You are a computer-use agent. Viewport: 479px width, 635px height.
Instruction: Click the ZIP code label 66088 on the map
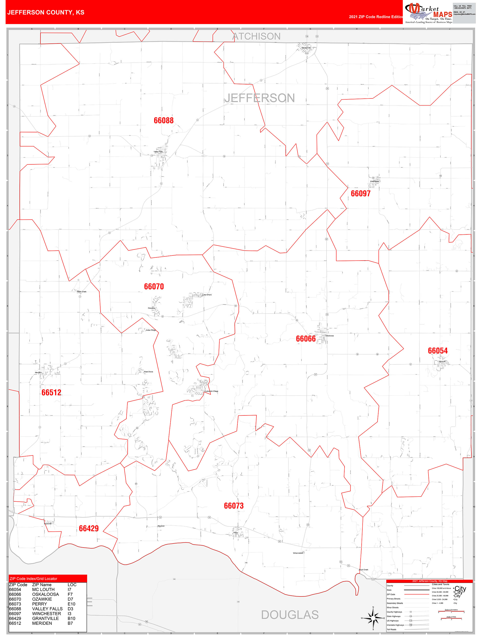pyautogui.click(x=163, y=121)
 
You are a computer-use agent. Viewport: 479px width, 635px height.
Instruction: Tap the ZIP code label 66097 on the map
pyautogui.click(x=361, y=193)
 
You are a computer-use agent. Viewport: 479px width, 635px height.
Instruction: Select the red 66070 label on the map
pyautogui.click(x=154, y=286)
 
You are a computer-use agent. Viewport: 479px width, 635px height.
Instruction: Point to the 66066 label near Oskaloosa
pyautogui.click(x=306, y=339)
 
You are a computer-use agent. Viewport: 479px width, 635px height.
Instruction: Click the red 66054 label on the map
pyautogui.click(x=438, y=350)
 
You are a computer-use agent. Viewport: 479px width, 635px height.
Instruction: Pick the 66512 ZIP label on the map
pyautogui.click(x=51, y=392)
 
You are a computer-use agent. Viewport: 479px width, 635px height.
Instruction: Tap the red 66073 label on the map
pyautogui.click(x=234, y=506)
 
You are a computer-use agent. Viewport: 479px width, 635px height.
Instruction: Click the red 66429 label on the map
pyautogui.click(x=89, y=528)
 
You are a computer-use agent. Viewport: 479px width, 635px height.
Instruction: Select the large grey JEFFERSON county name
pyautogui.click(x=260, y=98)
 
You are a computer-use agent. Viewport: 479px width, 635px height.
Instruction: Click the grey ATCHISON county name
pyautogui.click(x=256, y=36)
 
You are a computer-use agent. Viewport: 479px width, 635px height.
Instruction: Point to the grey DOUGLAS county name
pyautogui.click(x=290, y=615)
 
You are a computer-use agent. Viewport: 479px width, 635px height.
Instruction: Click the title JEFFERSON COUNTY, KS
pyautogui.click(x=46, y=12)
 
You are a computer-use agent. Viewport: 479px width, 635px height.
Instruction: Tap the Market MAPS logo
pyautogui.click(x=428, y=13)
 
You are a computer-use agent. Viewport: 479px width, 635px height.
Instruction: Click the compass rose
pyautogui.click(x=373, y=618)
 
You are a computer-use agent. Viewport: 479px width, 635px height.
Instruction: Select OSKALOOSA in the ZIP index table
pyautogui.click(x=45, y=594)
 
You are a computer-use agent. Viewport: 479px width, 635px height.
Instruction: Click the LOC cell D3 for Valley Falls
pyautogui.click(x=70, y=609)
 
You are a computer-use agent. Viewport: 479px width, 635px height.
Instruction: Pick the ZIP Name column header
pyautogui.click(x=42, y=584)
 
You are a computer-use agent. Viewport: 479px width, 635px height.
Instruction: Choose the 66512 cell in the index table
pyautogui.click(x=15, y=623)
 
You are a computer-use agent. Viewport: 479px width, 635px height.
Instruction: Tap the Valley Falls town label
pyautogui.click(x=158, y=152)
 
